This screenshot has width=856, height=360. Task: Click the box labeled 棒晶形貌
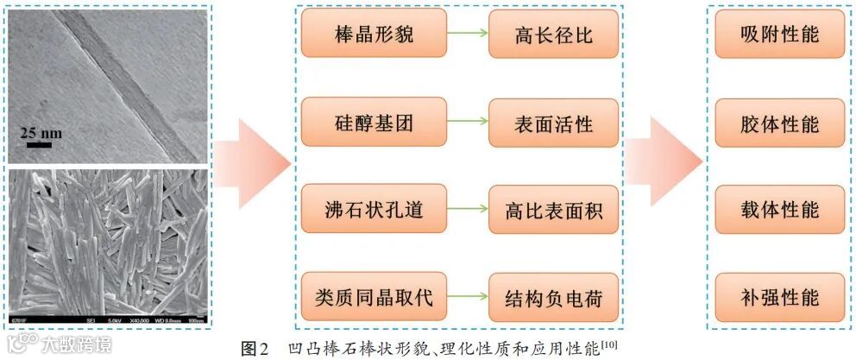click(x=374, y=34)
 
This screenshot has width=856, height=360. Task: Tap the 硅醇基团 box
click(x=374, y=122)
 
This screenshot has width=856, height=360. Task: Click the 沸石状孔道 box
click(x=374, y=210)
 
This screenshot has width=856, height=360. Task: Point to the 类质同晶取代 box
click(x=374, y=298)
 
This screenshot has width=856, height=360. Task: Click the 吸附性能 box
click(x=779, y=34)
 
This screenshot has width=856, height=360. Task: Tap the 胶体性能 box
click(x=779, y=122)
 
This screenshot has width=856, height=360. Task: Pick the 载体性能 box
click(x=779, y=210)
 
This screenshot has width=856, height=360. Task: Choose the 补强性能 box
click(x=779, y=298)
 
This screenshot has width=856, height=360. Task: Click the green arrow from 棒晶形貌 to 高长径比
click(x=468, y=35)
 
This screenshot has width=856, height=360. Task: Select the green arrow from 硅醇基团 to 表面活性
click(x=468, y=122)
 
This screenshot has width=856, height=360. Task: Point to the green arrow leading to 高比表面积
click(x=468, y=210)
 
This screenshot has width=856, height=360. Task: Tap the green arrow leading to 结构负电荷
click(x=468, y=298)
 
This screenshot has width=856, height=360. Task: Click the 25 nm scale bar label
click(x=41, y=133)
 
